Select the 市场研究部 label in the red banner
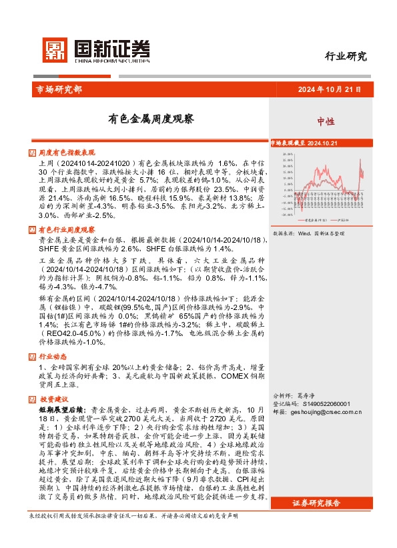pyautogui.click(x=55, y=89)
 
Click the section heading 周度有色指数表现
pyautogui.click(x=67, y=153)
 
